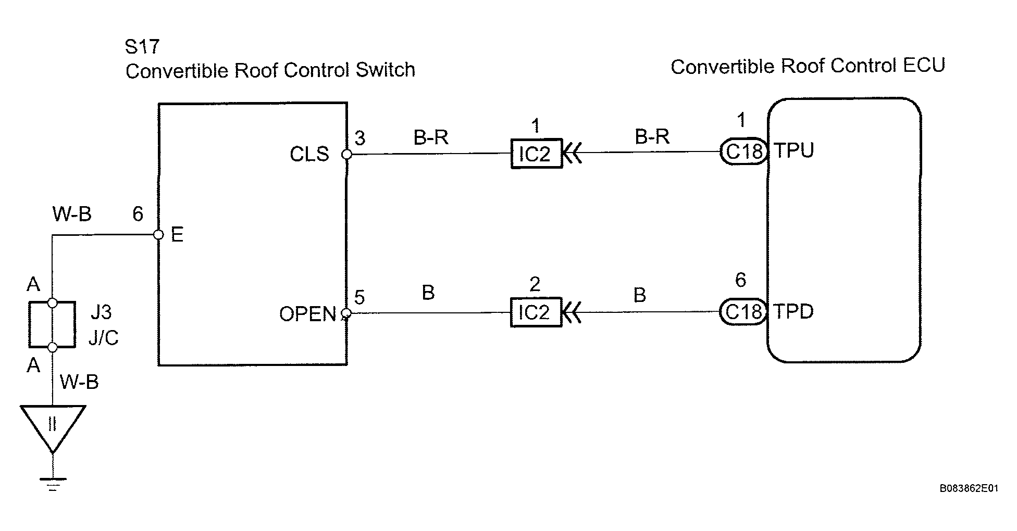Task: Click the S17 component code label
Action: click(142, 47)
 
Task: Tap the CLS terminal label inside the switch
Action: click(309, 154)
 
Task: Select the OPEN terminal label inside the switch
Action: click(307, 314)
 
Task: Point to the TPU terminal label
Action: click(793, 150)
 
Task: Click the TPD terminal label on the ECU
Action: click(793, 311)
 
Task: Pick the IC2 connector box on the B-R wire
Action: click(537, 153)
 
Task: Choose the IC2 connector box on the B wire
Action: click(536, 312)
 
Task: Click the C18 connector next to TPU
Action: click(744, 151)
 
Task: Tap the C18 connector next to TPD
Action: click(744, 311)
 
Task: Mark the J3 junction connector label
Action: click(101, 312)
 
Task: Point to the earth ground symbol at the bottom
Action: click(53, 483)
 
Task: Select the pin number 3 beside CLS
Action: click(360, 138)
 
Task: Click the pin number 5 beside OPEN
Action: click(359, 297)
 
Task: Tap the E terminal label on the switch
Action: click(177, 235)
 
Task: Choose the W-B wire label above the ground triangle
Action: click(79, 382)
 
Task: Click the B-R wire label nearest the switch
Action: click(431, 137)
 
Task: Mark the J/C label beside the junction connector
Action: click(104, 338)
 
